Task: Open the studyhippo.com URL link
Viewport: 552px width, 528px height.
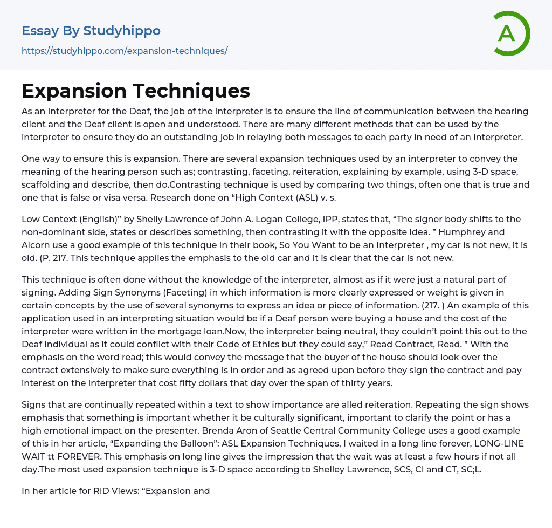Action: (x=125, y=51)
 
